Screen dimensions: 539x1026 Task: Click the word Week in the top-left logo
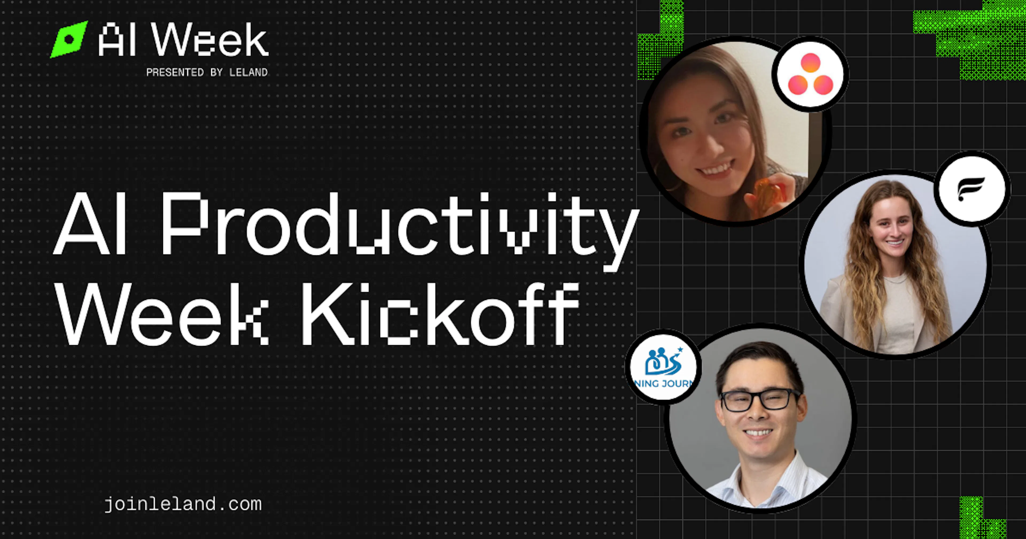click(x=209, y=40)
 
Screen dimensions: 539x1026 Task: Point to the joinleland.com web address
click(x=183, y=504)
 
